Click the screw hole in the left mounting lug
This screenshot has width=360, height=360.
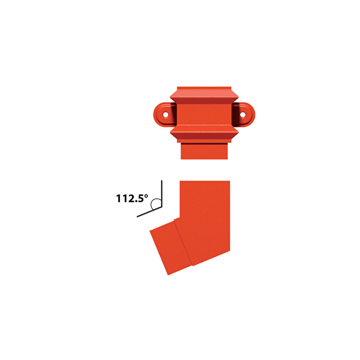166,114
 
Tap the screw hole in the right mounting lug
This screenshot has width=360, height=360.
243,114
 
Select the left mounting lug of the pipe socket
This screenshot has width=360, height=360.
165,114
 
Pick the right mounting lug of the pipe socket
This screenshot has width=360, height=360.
243,114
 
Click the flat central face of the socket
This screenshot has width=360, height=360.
204,114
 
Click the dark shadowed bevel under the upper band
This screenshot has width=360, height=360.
204,100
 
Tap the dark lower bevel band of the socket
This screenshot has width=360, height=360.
204,136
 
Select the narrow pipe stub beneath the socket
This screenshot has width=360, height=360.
204,151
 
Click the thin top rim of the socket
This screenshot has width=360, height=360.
204,88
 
